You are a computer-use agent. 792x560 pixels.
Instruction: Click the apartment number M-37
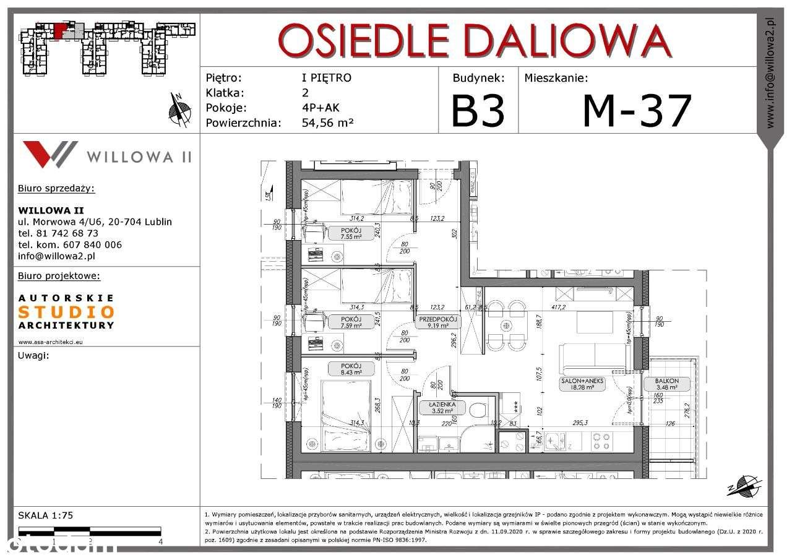[637, 111]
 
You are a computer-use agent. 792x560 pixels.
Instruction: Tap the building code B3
[478, 111]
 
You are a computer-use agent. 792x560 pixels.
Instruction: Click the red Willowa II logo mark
[49, 154]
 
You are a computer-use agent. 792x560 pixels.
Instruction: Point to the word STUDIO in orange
[66, 312]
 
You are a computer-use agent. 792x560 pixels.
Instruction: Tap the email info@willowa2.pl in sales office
[57, 256]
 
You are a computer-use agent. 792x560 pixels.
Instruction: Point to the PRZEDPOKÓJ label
[437, 319]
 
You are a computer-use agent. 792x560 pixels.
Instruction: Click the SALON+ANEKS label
[582, 381]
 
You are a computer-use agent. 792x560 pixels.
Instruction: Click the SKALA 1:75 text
[46, 515]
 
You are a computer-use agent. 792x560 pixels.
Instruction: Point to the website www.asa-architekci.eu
[51, 341]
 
